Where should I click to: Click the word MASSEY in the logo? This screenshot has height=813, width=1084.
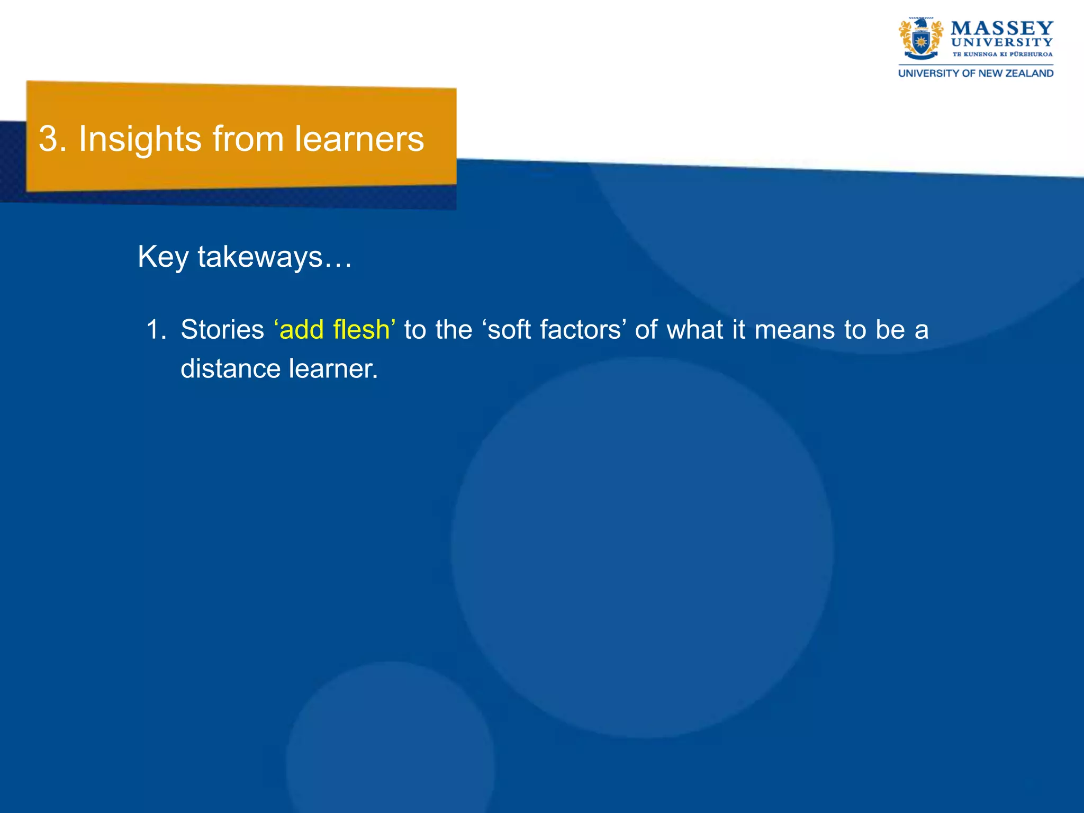[1001, 28]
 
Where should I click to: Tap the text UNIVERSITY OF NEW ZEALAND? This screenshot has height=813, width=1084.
[975, 74]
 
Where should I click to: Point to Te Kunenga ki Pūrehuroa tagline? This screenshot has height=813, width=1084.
[1002, 54]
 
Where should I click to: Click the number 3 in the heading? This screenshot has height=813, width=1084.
[48, 139]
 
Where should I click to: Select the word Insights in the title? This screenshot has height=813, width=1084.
[140, 139]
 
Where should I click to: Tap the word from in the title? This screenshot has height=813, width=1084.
[248, 139]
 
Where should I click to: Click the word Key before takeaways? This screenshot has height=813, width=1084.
[162, 257]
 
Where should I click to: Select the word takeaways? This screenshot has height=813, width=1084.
[260, 257]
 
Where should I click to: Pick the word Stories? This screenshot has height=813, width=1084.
[222, 330]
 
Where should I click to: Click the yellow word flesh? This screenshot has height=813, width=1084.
[362, 330]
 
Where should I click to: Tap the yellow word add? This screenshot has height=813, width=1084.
[301, 330]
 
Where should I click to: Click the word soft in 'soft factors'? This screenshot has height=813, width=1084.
[509, 330]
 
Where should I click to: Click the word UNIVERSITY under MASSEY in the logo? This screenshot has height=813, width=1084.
[1001, 42]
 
